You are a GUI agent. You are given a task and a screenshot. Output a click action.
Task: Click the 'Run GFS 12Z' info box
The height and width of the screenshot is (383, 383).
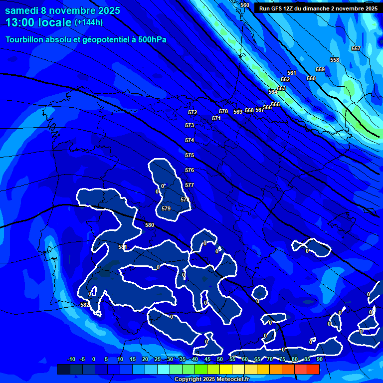318,8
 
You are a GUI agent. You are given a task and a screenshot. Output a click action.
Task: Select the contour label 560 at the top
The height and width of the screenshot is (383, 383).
244,5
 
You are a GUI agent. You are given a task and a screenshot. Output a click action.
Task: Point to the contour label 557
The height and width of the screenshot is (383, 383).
356,48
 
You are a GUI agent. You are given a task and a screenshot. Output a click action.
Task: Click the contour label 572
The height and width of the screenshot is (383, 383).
192,113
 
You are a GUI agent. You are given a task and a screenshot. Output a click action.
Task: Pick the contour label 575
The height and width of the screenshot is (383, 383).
190,156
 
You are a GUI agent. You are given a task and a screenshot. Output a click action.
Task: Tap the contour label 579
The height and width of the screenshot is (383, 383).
166,208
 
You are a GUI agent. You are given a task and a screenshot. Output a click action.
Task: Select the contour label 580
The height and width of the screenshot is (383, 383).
150,225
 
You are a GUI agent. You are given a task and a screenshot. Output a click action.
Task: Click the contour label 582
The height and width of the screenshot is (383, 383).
85,305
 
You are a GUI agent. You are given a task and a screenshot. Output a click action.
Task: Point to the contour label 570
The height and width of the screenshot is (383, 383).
223,112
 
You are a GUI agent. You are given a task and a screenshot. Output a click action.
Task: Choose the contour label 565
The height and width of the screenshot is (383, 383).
275,104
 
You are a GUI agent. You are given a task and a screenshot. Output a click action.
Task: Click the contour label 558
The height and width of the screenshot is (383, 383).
334,60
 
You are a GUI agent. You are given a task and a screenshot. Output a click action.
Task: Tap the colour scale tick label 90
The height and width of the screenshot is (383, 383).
319,360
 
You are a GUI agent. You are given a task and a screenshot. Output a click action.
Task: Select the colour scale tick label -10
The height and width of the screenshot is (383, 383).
71,360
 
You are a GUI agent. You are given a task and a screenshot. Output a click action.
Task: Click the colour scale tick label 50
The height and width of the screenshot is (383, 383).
219,360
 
